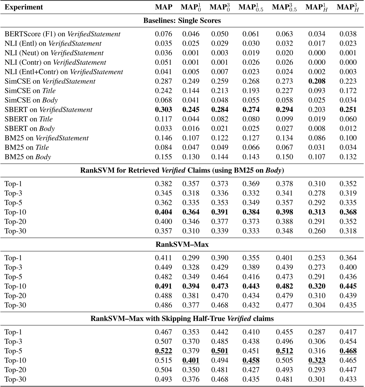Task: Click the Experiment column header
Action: click(x=24, y=7)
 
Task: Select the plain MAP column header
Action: click(x=164, y=7)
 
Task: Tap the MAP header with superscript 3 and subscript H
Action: click(x=348, y=8)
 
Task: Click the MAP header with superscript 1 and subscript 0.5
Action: click(x=251, y=8)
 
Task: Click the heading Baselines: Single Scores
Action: click(x=182, y=21)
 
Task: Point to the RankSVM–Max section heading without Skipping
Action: click(x=182, y=244)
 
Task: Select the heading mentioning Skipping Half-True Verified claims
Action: click(x=182, y=319)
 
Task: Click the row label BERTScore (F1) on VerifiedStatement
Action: click(x=62, y=34)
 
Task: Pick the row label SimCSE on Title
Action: click(x=30, y=91)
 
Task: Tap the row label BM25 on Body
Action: click(x=28, y=157)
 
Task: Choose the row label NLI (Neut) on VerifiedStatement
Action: click(x=54, y=53)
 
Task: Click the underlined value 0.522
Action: click(x=164, y=351)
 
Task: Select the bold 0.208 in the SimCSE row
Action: click(x=317, y=81)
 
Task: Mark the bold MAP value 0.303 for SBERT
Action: click(x=164, y=110)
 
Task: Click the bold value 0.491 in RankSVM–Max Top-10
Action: click(x=164, y=286)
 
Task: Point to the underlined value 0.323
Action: click(x=317, y=361)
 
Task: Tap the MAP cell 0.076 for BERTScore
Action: click(x=164, y=34)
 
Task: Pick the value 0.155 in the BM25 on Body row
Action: click(x=164, y=157)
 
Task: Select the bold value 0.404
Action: click(x=164, y=212)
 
